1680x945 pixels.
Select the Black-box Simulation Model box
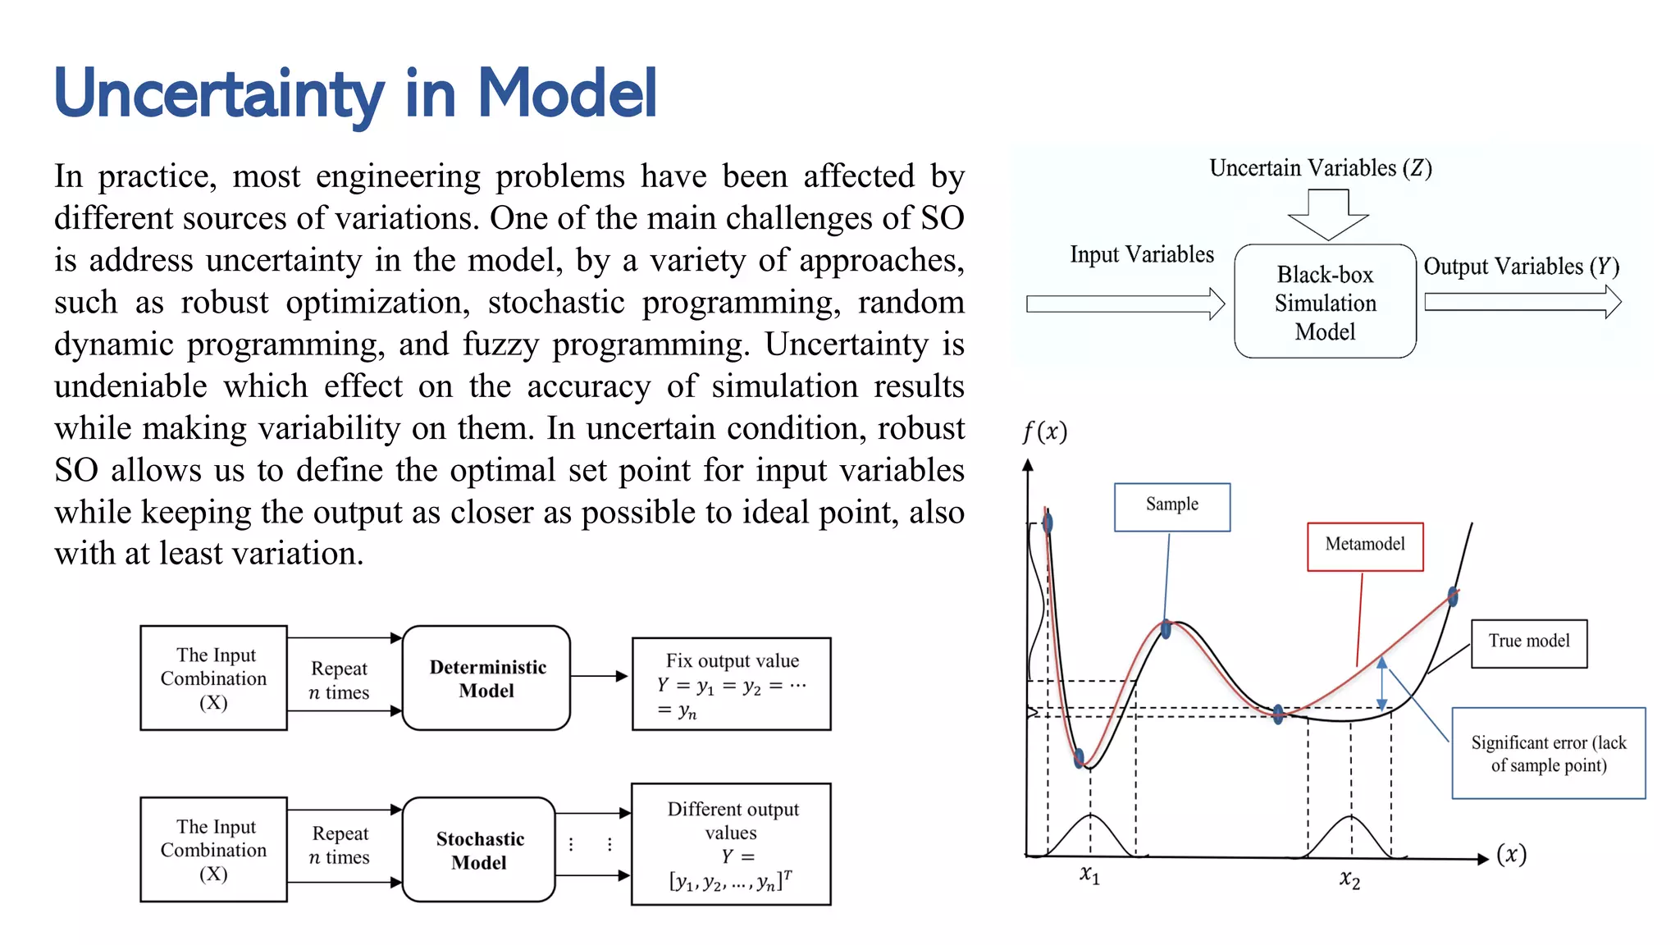point(1325,302)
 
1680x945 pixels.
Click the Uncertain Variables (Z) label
point(1320,168)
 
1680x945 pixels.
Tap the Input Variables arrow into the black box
point(1125,304)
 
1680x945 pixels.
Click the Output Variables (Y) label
point(1521,267)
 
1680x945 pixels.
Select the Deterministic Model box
point(486,678)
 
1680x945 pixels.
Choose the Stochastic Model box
point(479,850)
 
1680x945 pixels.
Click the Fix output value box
point(731,684)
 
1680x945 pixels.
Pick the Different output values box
point(731,844)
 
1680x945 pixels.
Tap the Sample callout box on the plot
point(1171,506)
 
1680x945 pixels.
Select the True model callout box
point(1528,643)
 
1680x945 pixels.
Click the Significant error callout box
point(1548,753)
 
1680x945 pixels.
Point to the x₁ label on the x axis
point(1089,874)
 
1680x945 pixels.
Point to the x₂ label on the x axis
point(1349,880)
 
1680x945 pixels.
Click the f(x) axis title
point(1044,431)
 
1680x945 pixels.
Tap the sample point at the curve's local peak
point(1166,629)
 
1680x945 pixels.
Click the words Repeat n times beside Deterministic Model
point(340,680)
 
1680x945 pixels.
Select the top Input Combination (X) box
point(213,678)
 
